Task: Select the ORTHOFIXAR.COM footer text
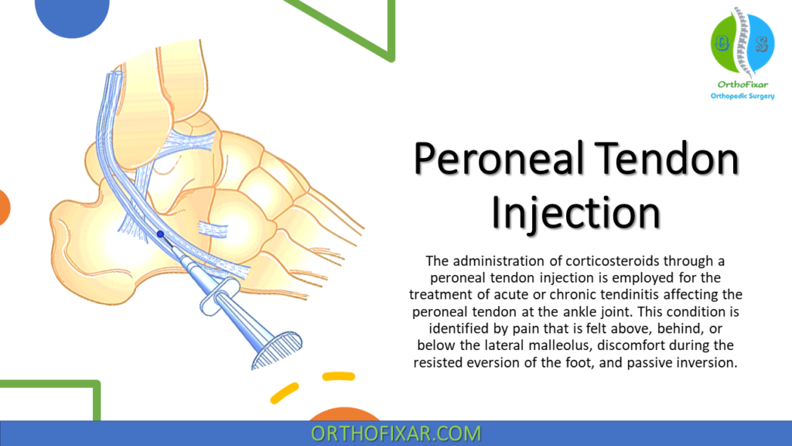click(395, 434)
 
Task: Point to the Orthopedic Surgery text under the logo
click(741, 96)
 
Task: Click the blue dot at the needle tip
click(160, 233)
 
